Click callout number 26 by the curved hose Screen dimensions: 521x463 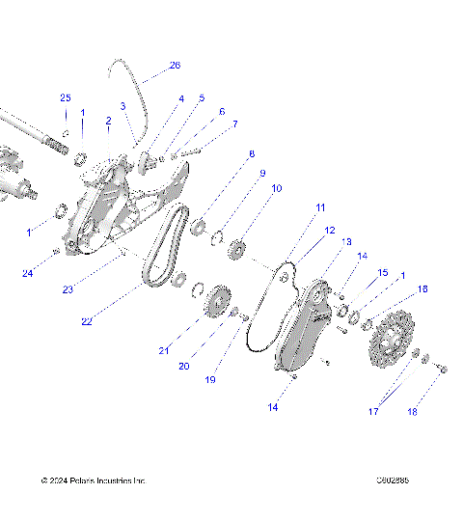(x=174, y=66)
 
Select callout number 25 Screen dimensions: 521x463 (x=66, y=98)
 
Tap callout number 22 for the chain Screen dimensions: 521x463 (x=87, y=321)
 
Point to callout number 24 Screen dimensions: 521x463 (x=30, y=273)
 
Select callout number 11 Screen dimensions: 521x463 (x=320, y=207)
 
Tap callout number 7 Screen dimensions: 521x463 (x=234, y=124)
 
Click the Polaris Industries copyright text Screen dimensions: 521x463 (x=93, y=480)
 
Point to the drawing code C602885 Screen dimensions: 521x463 (x=395, y=480)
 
